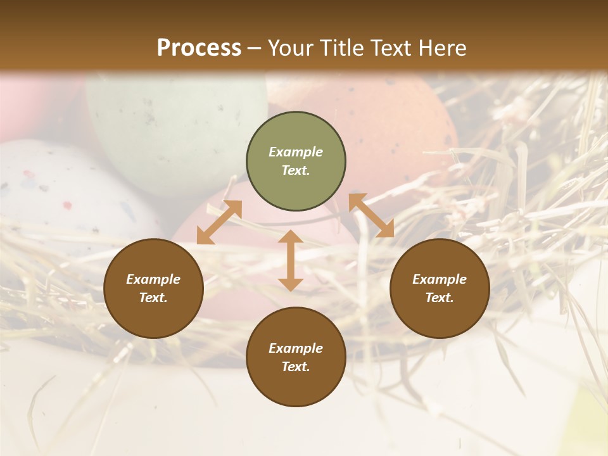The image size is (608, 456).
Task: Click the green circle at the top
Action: pyautogui.click(x=296, y=161)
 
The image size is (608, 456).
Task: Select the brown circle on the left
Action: pyautogui.click(x=153, y=288)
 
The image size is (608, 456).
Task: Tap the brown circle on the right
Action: pyautogui.click(x=440, y=288)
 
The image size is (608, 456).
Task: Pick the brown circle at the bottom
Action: pyautogui.click(x=296, y=357)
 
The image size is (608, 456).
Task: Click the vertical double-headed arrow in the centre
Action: pyautogui.click(x=290, y=260)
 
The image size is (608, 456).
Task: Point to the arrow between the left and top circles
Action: pyautogui.click(x=219, y=222)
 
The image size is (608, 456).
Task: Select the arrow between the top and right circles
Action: pyautogui.click(x=371, y=216)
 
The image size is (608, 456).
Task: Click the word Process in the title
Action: pyautogui.click(x=199, y=47)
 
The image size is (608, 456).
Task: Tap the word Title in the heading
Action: pyautogui.click(x=340, y=47)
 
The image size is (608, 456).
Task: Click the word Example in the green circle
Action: pyautogui.click(x=296, y=152)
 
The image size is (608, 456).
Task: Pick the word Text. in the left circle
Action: pyautogui.click(x=153, y=298)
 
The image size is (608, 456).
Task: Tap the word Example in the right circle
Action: pyautogui.click(x=440, y=279)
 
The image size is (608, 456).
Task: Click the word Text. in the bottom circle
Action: pyautogui.click(x=296, y=367)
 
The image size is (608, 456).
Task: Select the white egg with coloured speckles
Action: pyautogui.click(x=57, y=190)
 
